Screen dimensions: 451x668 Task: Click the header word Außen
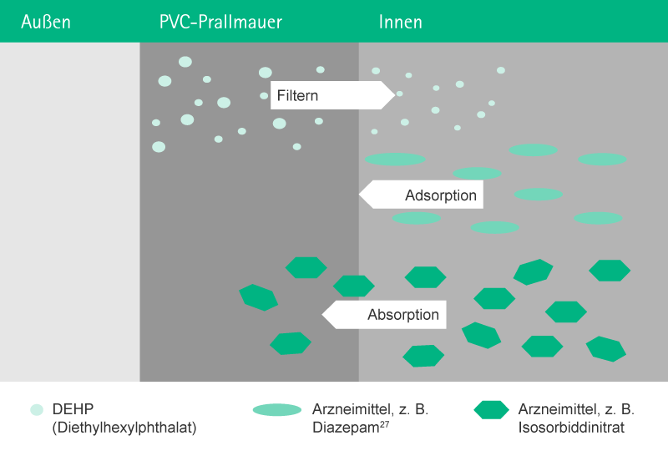point(46,22)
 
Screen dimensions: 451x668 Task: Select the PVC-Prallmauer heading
point(220,22)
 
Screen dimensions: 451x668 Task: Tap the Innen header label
point(400,22)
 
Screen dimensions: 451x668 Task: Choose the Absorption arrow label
point(402,315)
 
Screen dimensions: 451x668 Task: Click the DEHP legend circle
point(36,410)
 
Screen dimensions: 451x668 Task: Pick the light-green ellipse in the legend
point(277,410)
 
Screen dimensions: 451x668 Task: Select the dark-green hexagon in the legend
point(491,410)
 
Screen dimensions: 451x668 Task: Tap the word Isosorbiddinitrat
point(571,428)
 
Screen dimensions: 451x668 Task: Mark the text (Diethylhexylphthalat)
point(124,428)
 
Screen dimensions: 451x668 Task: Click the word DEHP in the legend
point(73,409)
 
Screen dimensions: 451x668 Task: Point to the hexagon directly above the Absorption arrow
point(354,286)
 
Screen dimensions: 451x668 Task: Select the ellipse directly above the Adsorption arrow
point(477,174)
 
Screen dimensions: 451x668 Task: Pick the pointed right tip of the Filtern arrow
point(394,96)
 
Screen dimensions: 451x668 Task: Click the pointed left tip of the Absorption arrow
point(323,315)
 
